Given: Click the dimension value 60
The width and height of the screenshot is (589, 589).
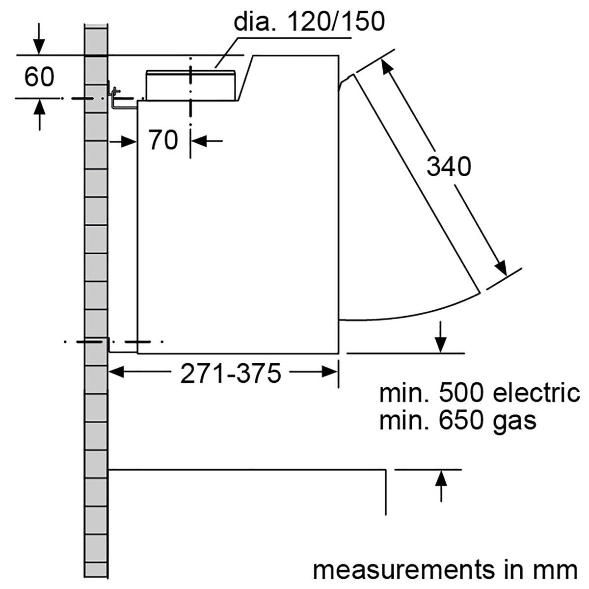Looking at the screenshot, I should point(39,77).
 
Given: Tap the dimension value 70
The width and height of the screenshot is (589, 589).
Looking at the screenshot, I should point(163,140).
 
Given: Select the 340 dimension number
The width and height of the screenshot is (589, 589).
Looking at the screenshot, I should point(448,166).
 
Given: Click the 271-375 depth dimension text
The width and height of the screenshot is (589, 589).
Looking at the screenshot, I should point(231,374).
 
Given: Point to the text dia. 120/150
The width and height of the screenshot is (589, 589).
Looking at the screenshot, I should point(309,22).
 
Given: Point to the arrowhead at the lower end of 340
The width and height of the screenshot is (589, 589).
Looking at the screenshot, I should point(500,268).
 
